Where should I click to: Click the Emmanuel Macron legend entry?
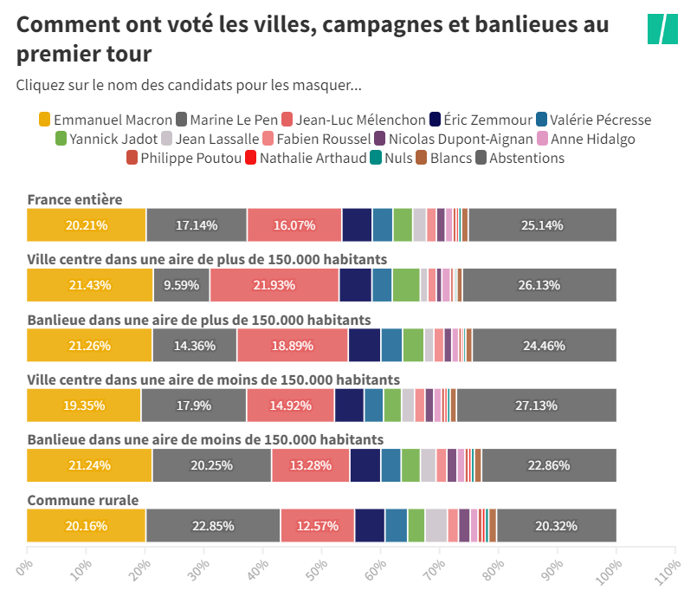105,120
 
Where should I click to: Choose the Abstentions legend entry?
526,158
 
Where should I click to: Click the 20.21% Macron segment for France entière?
87,225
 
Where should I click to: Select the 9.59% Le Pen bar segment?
181,285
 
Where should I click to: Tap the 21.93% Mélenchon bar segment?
274,285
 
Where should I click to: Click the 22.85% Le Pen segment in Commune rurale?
212,526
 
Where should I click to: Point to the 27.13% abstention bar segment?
536,406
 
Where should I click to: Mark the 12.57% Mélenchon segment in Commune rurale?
317,526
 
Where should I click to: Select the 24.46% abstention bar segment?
544,345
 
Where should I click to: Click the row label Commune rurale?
83,500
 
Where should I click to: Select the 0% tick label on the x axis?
27,564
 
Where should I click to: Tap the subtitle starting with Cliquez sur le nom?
189,85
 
